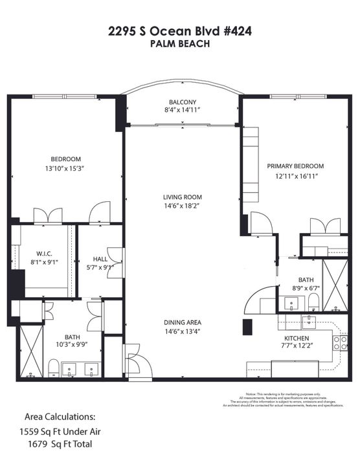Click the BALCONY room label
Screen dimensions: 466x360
pyautogui.click(x=183, y=102)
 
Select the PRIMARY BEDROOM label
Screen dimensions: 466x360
pyautogui.click(x=295, y=166)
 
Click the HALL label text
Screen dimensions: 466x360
pyautogui.click(x=95, y=258)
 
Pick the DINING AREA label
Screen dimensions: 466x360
pyautogui.click(x=183, y=322)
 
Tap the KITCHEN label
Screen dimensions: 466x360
pyautogui.click(x=296, y=338)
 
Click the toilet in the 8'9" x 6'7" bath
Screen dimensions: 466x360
pyautogui.click(x=313, y=300)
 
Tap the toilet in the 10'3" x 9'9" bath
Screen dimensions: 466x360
pyautogui.click(x=54, y=369)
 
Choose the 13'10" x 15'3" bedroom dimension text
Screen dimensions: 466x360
pyautogui.click(x=66, y=168)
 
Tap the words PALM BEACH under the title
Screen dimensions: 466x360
pyautogui.click(x=180, y=44)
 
